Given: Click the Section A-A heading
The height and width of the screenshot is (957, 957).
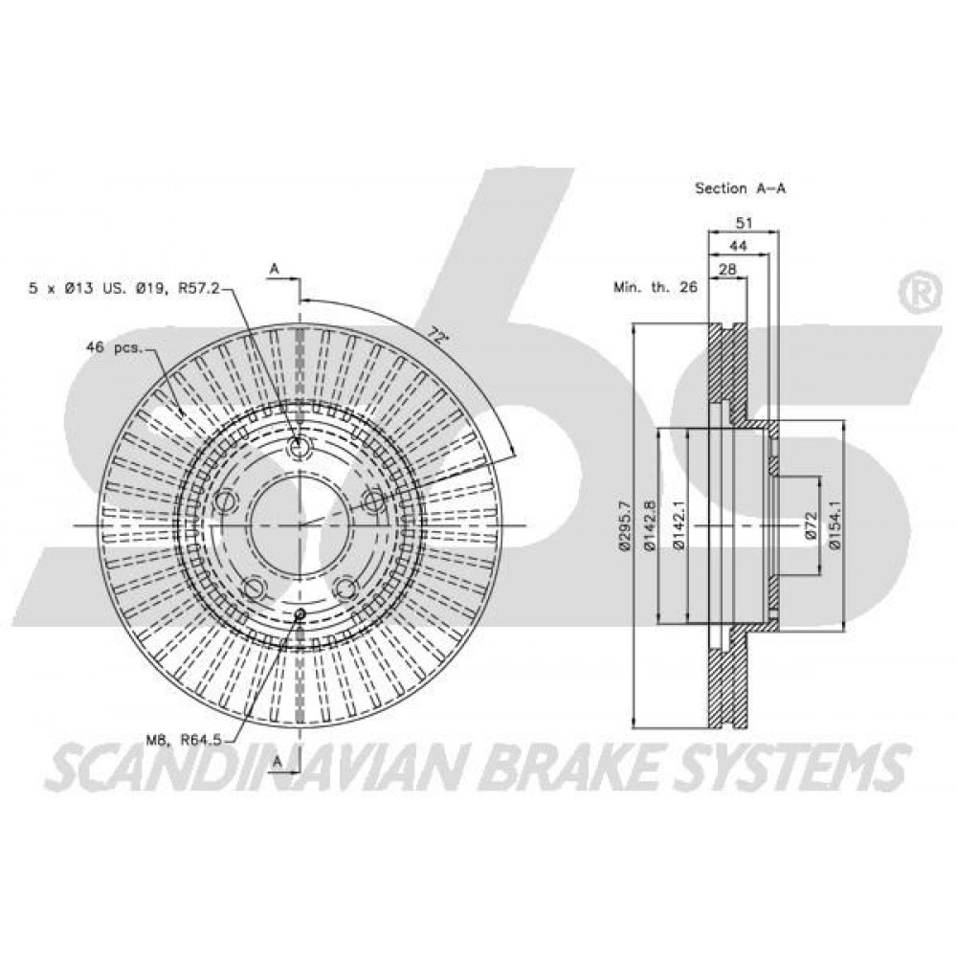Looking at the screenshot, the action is [741, 188].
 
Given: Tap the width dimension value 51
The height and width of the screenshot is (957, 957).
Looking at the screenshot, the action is [744, 223].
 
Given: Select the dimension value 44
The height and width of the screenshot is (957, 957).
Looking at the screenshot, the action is [739, 246].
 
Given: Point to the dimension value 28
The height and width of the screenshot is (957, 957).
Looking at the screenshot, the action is [727, 269].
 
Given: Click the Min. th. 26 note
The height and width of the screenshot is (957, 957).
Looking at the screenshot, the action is [655, 287].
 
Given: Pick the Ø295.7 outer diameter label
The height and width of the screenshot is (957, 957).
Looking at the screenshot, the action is [624, 526].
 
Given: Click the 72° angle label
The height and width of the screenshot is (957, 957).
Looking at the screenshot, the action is [435, 334].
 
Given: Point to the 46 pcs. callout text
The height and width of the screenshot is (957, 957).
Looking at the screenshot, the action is [114, 348].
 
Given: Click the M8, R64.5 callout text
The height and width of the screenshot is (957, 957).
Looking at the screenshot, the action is [183, 741].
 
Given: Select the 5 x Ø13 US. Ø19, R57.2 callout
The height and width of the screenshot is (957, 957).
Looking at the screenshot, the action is [123, 287].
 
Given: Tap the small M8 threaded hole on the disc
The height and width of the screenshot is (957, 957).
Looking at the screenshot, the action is [300, 613].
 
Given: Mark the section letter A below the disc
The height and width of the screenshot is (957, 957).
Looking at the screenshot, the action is [278, 761].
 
